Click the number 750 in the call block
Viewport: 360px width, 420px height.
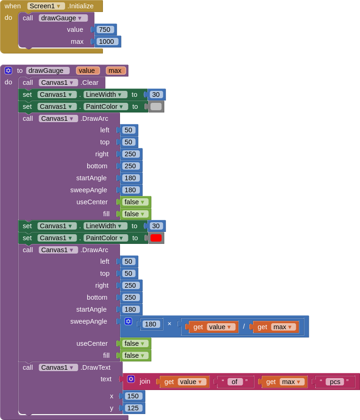click(105, 30)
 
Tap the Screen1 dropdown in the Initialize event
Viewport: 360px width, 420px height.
click(45, 6)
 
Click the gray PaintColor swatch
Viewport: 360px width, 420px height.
click(156, 106)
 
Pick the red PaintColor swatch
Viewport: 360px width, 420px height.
click(156, 238)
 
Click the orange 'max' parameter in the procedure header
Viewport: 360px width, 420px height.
click(115, 71)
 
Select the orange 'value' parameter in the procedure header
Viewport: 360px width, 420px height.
click(88, 71)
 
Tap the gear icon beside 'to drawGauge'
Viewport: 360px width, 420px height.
click(8, 71)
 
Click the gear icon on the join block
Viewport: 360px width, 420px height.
click(131, 379)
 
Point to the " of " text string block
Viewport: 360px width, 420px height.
click(235, 382)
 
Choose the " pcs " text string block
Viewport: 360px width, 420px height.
click(335, 382)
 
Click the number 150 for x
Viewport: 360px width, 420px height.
click(134, 396)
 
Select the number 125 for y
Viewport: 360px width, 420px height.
click(134, 408)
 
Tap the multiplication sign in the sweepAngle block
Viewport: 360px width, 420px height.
click(169, 324)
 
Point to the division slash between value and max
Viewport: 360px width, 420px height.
click(244, 326)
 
